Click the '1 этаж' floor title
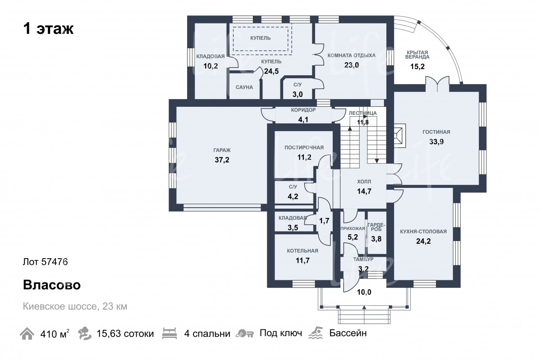tap(48, 29)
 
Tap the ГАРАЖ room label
tap(221, 150)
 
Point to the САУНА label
tap(244, 87)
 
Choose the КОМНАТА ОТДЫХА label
tap(352, 55)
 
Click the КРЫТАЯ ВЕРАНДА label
tap(417, 55)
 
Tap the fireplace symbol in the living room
tap(399, 135)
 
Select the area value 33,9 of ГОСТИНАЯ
tap(436, 141)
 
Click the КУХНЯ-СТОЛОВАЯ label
tap(423, 232)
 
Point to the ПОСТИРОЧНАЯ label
tap(304, 148)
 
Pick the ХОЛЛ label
tap(364, 181)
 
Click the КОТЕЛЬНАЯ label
tap(303, 251)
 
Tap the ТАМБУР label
tap(363, 260)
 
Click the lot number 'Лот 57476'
tap(45, 262)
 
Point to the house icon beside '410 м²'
tap(27, 334)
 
